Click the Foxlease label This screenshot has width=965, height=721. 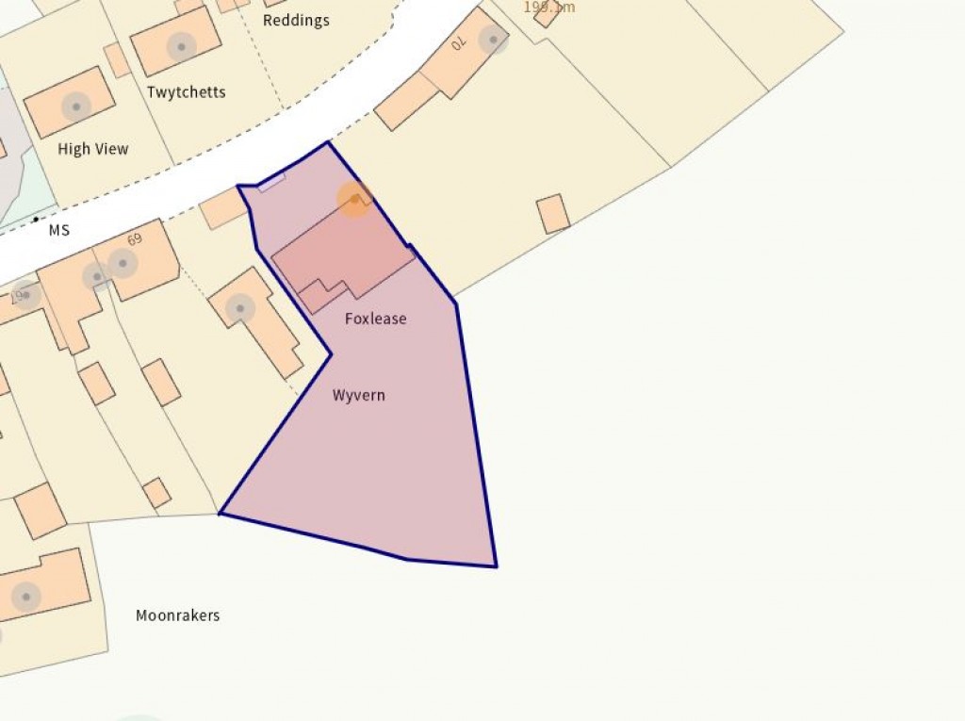[375, 319]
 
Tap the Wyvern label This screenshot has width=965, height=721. [358, 395]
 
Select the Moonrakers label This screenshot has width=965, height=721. [177, 615]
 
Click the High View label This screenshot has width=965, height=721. [92, 149]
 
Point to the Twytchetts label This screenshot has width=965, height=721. [186, 92]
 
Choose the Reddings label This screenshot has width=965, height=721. [296, 21]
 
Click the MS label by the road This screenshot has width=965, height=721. [59, 230]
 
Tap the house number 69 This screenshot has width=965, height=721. [134, 238]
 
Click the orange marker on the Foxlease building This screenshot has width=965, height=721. [354, 199]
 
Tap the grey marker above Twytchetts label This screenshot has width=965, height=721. [181, 44]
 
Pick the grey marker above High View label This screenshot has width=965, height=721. [75, 106]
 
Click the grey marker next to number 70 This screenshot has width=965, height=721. [492, 39]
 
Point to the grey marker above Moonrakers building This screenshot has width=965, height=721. [25, 596]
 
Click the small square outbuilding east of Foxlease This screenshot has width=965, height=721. [553, 214]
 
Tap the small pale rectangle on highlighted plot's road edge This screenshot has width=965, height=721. [270, 182]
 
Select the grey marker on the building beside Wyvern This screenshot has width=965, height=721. [239, 307]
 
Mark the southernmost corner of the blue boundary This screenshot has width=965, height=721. [496, 566]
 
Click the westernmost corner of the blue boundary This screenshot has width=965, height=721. [220, 514]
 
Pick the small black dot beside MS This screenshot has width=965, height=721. [36, 220]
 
